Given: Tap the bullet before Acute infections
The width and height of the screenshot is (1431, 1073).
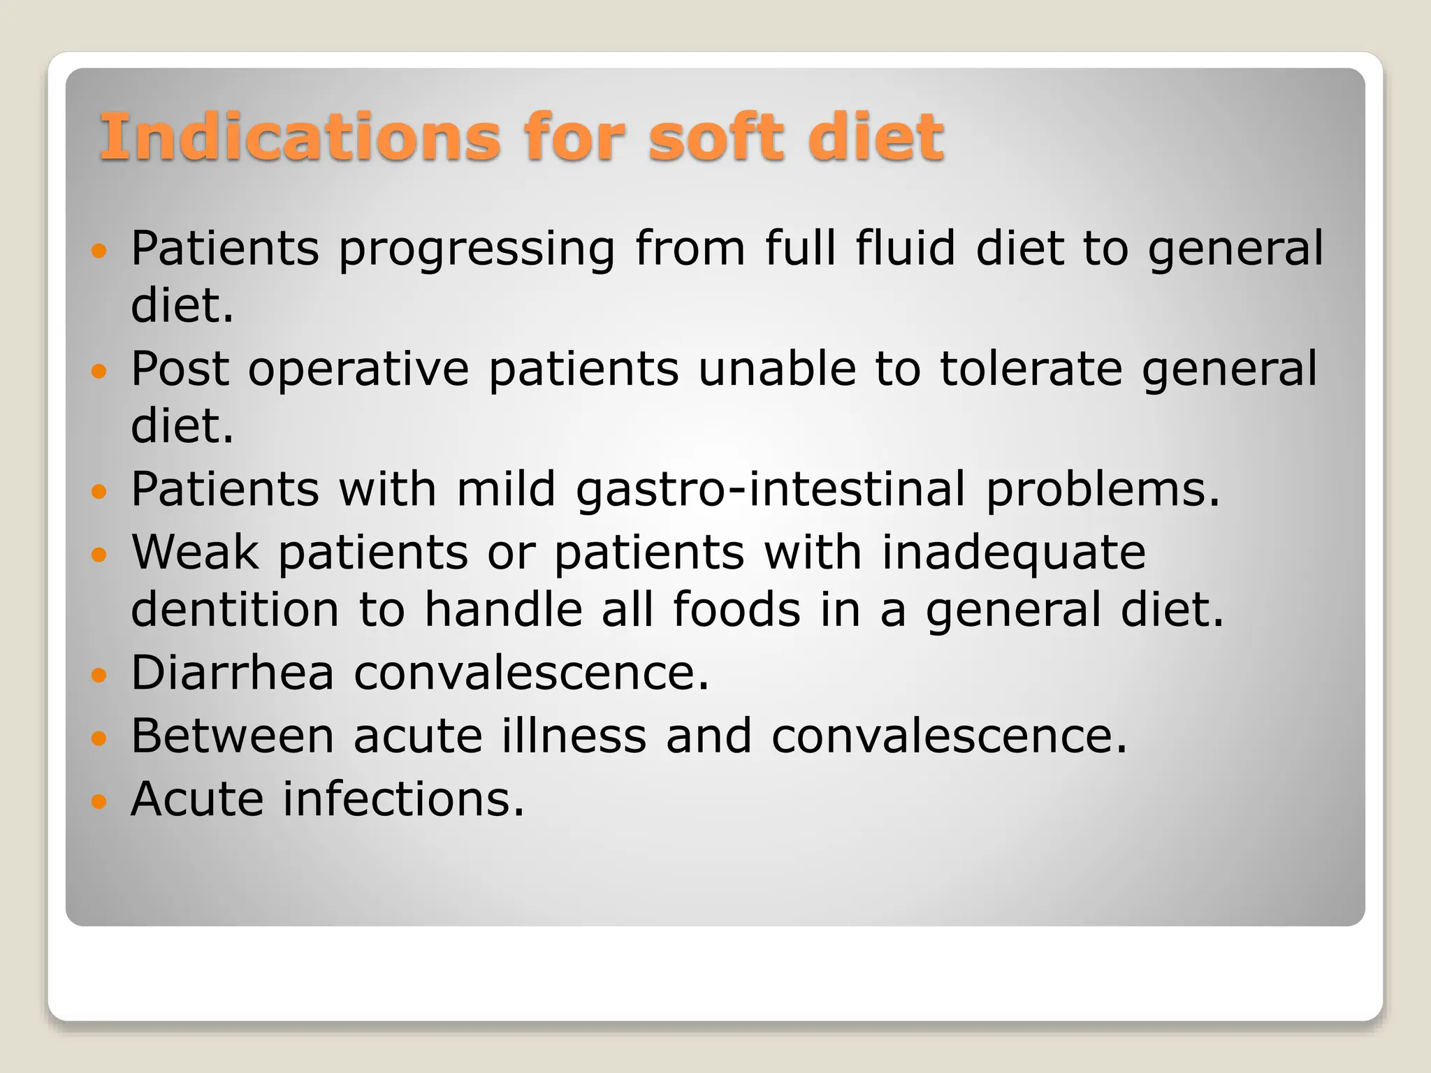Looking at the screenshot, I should coord(99,801).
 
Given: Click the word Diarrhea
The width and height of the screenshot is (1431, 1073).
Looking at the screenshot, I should coord(233,673).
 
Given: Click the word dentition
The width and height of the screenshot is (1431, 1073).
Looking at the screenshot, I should coord(235,609).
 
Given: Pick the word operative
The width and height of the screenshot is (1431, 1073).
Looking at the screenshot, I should coord(358,369).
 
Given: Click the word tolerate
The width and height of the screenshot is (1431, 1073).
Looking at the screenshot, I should coord(1031,369).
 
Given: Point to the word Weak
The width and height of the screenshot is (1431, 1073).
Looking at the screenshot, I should coord(195,552).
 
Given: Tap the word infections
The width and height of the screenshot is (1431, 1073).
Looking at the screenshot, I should coord(403,799).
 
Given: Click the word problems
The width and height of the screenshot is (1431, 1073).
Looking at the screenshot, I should coord(1103,490).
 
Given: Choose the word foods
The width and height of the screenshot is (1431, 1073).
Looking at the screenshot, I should coord(736,609).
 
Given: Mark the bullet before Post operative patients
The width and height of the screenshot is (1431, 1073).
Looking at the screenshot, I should coord(99,371).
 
